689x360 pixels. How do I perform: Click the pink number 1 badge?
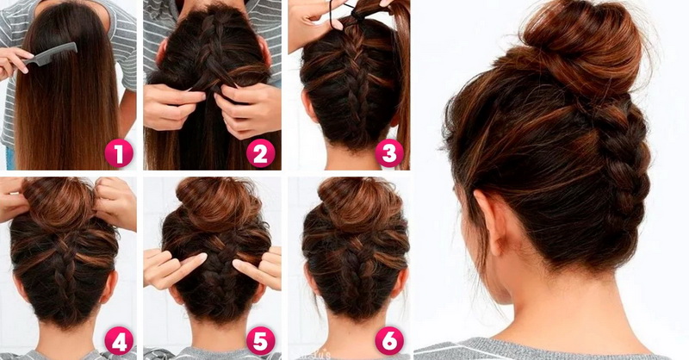pos(119,153)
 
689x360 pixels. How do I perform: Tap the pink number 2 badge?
pos(261,153)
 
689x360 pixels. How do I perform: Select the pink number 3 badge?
pos(389,153)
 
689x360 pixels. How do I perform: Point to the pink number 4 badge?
pos(119,342)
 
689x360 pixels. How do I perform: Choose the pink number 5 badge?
pos(261,342)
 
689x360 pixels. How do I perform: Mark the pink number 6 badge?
pos(389,342)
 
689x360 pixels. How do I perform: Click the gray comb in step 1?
pos(51,54)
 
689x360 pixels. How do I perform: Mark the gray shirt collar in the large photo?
pos(541,349)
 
